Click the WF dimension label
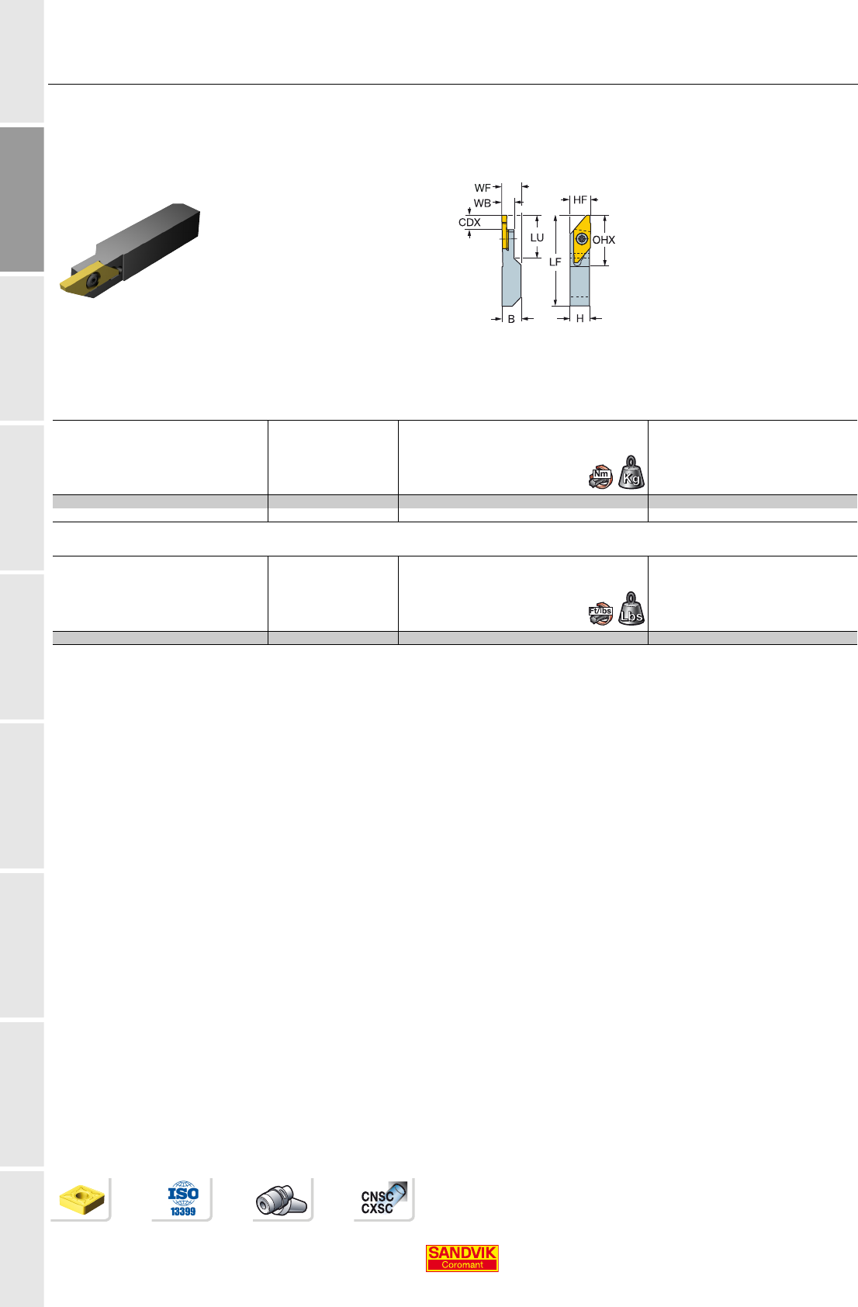482,188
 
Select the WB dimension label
482,203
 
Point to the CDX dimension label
469,222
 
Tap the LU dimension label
537,237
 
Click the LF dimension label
555,262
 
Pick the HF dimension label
579,199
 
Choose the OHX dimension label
604,240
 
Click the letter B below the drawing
511,319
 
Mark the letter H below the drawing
579,318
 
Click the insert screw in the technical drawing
581,238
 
